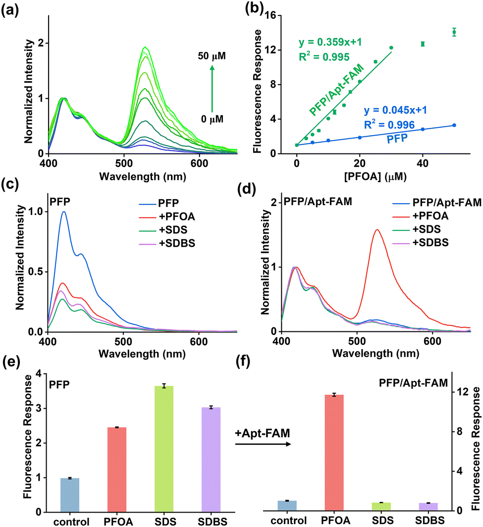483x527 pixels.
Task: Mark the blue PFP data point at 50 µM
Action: [454, 125]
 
